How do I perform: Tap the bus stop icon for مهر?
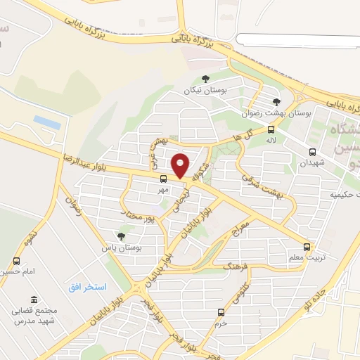point(163,179)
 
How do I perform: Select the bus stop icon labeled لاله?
point(271,129)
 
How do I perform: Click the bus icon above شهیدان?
point(313,152)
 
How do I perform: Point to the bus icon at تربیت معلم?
point(307,247)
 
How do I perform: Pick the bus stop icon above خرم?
point(221,312)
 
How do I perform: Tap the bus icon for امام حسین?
point(16,261)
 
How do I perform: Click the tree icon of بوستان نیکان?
point(205,79)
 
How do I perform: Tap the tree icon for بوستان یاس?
point(121,237)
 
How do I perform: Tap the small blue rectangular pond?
point(46,122)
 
